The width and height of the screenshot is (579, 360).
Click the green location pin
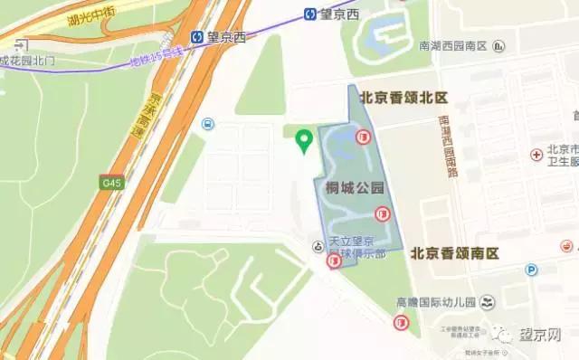point(305,140)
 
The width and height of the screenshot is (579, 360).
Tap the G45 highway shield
point(111,184)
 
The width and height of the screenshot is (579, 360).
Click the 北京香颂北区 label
point(404,97)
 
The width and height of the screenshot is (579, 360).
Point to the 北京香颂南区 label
point(456,253)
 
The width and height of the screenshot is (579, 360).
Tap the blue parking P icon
point(532,269)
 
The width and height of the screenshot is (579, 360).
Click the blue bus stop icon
point(208,124)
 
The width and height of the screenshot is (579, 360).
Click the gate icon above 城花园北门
point(20,43)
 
